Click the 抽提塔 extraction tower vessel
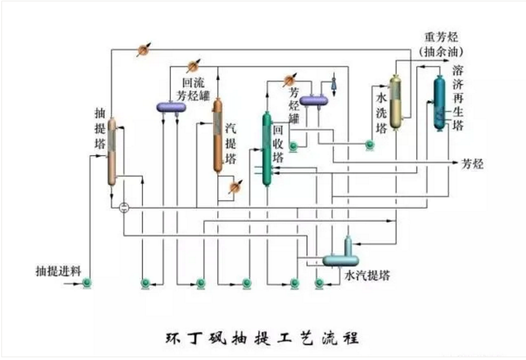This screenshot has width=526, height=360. (x=112, y=153)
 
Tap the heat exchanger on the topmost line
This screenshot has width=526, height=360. (x=143, y=49)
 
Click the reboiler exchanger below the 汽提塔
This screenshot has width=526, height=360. (x=234, y=185)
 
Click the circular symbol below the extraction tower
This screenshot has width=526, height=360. (x=123, y=207)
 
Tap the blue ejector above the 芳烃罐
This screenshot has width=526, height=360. (x=333, y=82)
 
